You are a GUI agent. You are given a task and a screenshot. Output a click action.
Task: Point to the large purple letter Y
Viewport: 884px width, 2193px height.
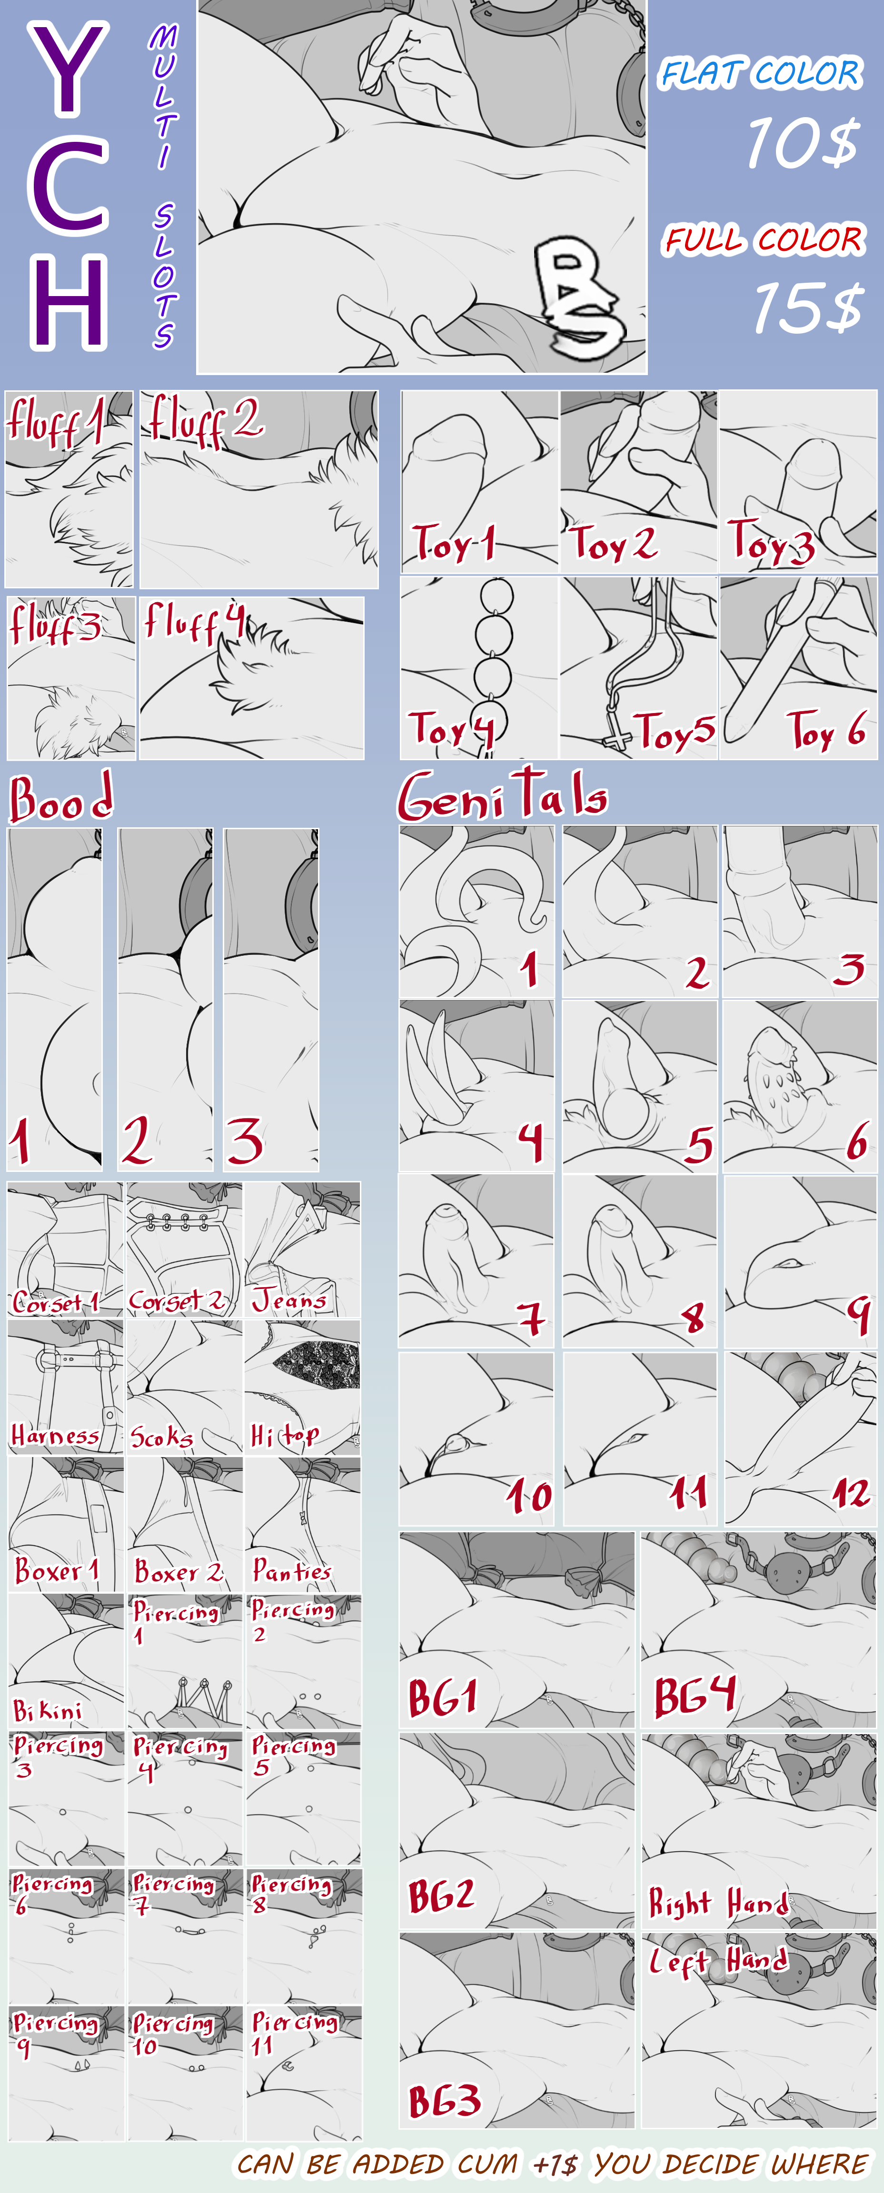click(69, 68)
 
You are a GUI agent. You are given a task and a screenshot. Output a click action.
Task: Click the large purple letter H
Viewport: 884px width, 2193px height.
click(69, 304)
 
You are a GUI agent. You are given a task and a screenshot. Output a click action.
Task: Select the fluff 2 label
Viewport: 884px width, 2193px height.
click(205, 420)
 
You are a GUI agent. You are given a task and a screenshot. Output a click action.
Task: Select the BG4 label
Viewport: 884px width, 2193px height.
click(694, 1695)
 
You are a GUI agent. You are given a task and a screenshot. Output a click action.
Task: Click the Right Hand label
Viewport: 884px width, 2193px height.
click(719, 1902)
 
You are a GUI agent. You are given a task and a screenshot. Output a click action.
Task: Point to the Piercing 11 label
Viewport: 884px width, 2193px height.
click(294, 2033)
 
